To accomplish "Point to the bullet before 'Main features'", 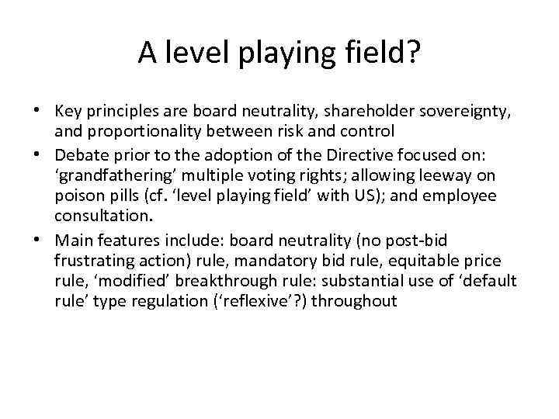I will tap(37, 241).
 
